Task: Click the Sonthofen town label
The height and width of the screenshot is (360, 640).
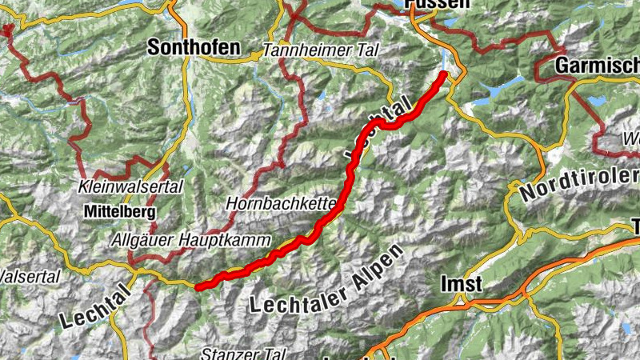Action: (x=193, y=48)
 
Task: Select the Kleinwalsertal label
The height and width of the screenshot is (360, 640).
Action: (x=131, y=186)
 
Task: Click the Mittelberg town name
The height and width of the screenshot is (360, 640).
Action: (x=118, y=213)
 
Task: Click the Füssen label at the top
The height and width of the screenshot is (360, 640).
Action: (x=438, y=4)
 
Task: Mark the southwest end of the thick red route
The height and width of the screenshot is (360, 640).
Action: (x=198, y=285)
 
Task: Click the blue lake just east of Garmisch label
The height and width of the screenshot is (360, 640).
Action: (x=597, y=101)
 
